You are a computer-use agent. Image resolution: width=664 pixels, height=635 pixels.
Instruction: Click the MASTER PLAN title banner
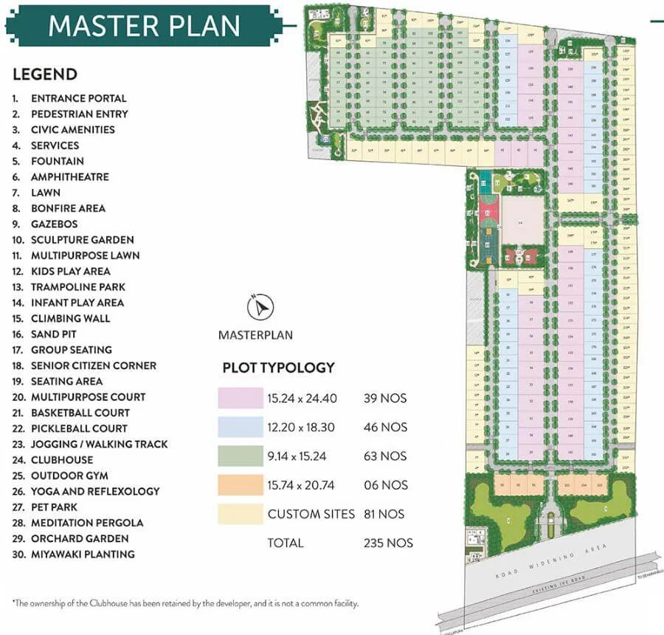[x=145, y=26]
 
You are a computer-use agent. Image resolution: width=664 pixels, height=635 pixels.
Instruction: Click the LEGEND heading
[x=45, y=74]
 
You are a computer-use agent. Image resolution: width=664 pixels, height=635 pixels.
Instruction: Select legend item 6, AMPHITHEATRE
[x=69, y=176]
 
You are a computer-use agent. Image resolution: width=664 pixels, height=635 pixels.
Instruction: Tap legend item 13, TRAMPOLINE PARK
[x=77, y=286]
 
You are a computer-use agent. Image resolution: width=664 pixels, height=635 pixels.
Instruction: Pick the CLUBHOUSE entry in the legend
[x=62, y=459]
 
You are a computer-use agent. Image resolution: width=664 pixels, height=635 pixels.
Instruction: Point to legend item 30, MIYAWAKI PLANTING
[x=83, y=554]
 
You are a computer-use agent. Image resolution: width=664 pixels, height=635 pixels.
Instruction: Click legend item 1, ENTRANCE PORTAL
[x=78, y=98]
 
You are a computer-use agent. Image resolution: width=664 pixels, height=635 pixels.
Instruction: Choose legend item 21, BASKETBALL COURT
[x=80, y=412]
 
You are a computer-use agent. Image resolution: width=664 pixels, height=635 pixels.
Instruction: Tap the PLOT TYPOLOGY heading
[x=279, y=367]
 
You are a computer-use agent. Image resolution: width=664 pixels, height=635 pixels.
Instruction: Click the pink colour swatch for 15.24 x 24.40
[x=240, y=399]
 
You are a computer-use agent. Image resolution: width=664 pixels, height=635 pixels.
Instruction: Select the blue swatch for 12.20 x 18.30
[x=240, y=427]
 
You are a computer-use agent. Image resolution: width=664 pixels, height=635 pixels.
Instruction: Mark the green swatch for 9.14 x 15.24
[x=240, y=456]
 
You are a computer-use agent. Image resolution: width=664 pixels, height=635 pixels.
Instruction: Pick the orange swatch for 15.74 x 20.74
[x=240, y=485]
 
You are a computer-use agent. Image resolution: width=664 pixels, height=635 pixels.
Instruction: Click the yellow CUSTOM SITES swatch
[x=240, y=513]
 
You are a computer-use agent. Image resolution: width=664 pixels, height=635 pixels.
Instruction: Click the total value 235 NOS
[x=388, y=543]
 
